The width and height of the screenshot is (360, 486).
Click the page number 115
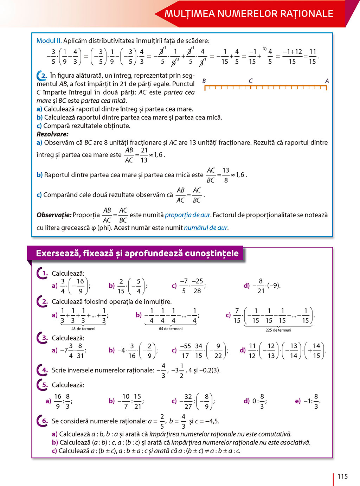point(342,477)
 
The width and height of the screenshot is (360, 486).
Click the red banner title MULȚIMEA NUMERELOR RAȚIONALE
point(249,14)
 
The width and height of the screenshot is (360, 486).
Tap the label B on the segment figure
point(204,81)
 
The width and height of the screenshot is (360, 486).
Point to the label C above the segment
point(251,81)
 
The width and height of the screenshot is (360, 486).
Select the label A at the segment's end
point(327,81)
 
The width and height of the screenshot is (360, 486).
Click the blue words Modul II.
point(49,41)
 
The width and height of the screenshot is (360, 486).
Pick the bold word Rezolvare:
point(52,134)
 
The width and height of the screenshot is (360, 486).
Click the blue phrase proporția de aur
point(187,215)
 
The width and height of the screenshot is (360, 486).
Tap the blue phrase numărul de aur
point(206,228)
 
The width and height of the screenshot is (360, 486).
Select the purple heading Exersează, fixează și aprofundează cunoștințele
point(137,253)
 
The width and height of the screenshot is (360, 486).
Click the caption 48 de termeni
point(83,329)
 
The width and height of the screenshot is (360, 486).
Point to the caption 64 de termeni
point(171,329)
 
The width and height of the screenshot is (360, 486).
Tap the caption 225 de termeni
point(278,330)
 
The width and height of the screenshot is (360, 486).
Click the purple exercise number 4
point(45,370)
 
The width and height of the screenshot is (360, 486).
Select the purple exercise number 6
point(45,421)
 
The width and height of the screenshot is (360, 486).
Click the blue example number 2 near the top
point(44,76)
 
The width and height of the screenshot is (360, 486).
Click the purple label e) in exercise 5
point(298,401)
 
